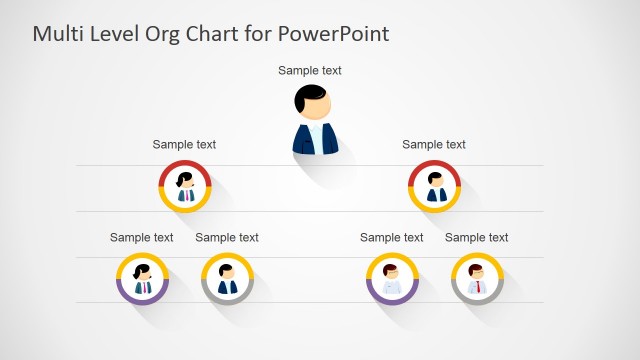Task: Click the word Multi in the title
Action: coord(57,34)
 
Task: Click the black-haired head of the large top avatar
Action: coord(313,101)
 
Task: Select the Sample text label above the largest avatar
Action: coord(310,71)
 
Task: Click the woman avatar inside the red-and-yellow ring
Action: coord(185,185)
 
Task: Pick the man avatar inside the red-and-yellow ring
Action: coord(435,185)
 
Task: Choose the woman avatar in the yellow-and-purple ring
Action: coord(142,278)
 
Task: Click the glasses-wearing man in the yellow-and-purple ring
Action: coord(392,278)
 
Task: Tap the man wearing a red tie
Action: coord(477,278)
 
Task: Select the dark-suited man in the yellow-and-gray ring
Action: coord(227,278)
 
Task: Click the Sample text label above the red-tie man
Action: coord(477,238)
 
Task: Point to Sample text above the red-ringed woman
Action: coord(184,145)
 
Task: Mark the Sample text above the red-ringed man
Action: coord(434,145)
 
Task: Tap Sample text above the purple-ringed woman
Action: coord(142,238)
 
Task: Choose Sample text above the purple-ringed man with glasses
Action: coord(392,238)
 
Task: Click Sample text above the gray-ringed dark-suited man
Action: coord(227,238)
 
